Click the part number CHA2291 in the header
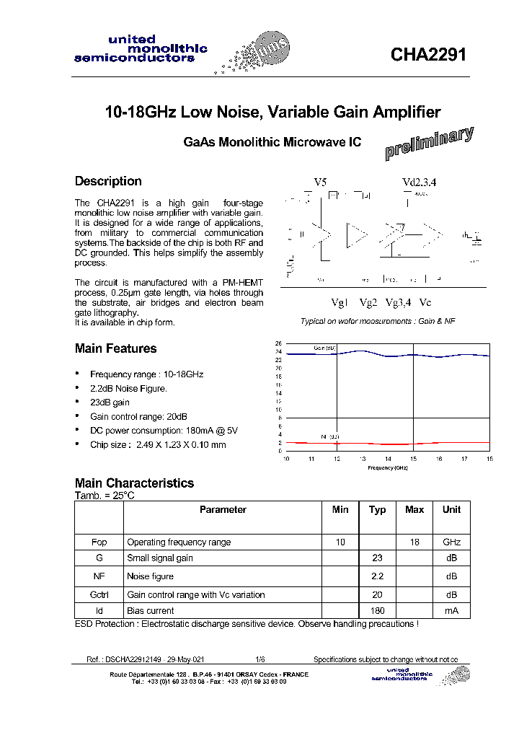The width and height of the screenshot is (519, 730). coord(429,55)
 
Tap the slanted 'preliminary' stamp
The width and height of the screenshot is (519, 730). coord(429,143)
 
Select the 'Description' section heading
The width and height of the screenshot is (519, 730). coord(108,181)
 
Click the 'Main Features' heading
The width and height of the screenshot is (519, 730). coord(115,348)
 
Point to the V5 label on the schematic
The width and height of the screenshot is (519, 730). coord(320,183)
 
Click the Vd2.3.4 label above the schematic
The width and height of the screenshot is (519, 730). coord(419,183)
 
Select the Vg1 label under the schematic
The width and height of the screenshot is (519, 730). coord(339,302)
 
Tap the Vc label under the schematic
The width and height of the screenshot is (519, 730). coord(425,302)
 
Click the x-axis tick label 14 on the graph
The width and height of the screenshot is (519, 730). coord(388,459)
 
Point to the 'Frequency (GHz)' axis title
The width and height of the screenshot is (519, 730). coord(387,467)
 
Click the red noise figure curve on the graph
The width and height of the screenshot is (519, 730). coord(389,444)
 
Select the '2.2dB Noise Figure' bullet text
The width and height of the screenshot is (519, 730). coord(128,389)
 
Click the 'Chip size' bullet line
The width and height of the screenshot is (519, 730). coord(157,444)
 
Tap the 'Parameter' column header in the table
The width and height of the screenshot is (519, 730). coord(223,510)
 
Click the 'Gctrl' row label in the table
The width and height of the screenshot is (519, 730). coord(99,595)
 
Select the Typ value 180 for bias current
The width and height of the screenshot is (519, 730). coord(377,611)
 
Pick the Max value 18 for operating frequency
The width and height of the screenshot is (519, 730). coord(414,542)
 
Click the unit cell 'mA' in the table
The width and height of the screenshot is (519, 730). coord(451,611)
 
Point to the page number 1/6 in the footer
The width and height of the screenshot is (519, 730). coord(259,659)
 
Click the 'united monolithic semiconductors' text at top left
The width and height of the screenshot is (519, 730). coord(141,49)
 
